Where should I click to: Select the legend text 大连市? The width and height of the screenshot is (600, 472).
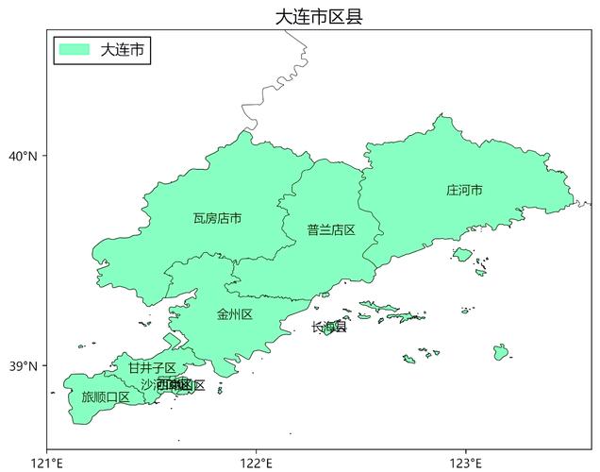[123, 49]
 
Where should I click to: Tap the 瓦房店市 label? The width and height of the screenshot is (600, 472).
[217, 218]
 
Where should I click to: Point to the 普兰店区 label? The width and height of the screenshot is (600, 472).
[330, 229]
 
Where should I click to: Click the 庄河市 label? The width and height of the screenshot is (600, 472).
[464, 190]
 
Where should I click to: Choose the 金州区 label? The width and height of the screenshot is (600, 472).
[234, 314]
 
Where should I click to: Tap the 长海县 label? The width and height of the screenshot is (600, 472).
[328, 327]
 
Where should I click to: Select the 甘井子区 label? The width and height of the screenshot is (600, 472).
[151, 367]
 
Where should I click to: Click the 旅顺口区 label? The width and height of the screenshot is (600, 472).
[106, 396]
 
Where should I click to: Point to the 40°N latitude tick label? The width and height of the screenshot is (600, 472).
[24, 156]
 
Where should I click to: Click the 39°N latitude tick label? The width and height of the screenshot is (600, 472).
[24, 366]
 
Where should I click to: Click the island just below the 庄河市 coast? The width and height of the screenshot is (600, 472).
[462, 254]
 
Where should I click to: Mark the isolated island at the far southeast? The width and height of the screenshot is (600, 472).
[500, 352]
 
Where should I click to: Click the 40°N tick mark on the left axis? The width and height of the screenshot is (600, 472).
[44, 156]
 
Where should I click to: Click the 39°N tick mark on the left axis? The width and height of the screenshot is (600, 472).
[44, 366]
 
